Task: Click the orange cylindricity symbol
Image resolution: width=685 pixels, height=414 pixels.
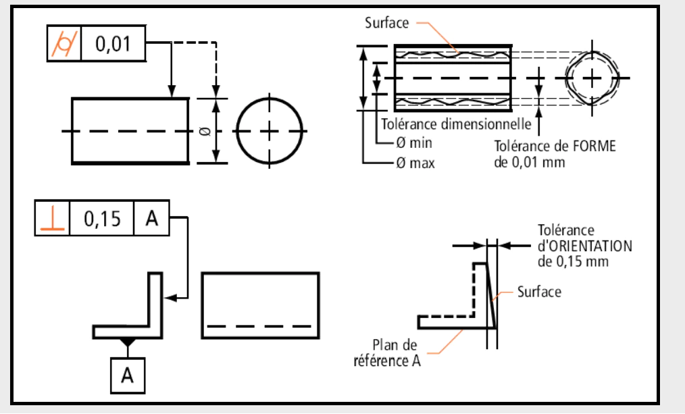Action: (64, 44)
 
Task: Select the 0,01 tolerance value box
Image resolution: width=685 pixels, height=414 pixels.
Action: (113, 43)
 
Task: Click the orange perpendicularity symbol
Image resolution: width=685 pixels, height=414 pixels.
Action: (53, 218)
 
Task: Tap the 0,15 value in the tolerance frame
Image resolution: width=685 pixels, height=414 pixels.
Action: (102, 218)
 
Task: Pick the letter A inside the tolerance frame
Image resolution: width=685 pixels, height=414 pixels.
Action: (151, 218)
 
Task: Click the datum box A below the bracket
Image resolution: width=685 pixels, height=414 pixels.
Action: (128, 376)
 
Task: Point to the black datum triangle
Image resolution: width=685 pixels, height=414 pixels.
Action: (127, 342)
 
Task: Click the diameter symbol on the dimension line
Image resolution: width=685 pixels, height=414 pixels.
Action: (207, 130)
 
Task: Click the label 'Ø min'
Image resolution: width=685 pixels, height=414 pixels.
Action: (414, 143)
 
